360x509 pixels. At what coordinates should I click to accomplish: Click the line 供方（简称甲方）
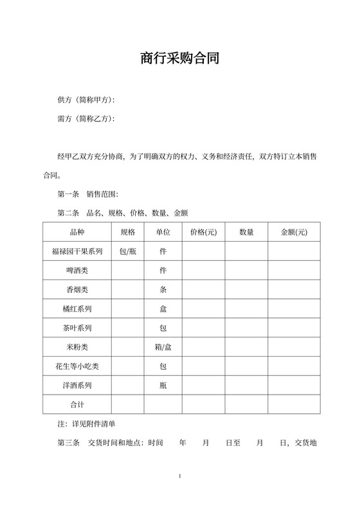click(86, 100)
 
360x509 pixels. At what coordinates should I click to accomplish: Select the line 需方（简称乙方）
click(86, 119)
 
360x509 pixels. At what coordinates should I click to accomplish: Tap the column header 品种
click(77, 232)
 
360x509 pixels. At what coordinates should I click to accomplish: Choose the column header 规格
click(127, 232)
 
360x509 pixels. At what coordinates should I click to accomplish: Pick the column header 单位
click(163, 232)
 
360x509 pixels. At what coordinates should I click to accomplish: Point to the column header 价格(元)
click(203, 232)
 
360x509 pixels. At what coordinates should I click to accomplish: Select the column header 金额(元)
click(294, 232)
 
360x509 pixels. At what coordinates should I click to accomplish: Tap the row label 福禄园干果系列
click(77, 251)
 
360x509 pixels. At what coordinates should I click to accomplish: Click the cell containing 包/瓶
click(127, 251)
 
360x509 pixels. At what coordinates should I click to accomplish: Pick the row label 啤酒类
click(77, 271)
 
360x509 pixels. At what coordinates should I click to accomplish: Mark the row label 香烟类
click(77, 290)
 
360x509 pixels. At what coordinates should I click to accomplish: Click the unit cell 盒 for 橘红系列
click(163, 309)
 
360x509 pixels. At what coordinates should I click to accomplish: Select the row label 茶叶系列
click(77, 328)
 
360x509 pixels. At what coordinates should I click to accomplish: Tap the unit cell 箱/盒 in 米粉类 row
click(163, 347)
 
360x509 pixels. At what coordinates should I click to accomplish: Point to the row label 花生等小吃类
click(77, 366)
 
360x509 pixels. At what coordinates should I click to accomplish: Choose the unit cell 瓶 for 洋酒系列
click(163, 386)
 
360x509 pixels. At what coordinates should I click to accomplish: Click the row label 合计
click(77, 404)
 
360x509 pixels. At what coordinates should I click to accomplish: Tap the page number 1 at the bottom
click(180, 476)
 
